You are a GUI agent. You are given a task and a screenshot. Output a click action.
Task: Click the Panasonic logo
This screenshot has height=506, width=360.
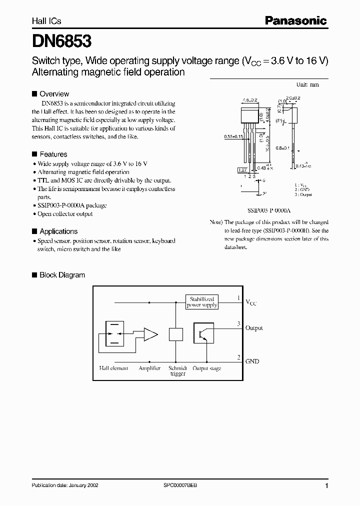[x=295, y=20]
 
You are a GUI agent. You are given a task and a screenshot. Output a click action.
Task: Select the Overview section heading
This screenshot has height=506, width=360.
[x=54, y=94]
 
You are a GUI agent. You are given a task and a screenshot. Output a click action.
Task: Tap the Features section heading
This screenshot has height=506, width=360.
[x=53, y=154]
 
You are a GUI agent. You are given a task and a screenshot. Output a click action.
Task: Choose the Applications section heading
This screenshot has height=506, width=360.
[x=58, y=231]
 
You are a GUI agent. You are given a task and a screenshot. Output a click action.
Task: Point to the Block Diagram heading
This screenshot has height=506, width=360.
[x=62, y=275]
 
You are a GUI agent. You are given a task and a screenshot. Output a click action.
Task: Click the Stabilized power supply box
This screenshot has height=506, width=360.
[x=202, y=301]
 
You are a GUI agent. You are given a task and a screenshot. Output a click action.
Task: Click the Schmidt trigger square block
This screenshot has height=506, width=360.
[x=175, y=334]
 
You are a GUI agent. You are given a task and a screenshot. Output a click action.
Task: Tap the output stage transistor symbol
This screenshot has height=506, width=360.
[x=203, y=334]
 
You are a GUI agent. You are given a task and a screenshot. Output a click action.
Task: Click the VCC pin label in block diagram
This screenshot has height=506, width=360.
[x=251, y=302]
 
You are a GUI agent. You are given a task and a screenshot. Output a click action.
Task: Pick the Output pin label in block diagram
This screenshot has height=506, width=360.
[x=254, y=328]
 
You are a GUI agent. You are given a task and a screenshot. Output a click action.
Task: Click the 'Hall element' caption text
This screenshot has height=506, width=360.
[x=113, y=368]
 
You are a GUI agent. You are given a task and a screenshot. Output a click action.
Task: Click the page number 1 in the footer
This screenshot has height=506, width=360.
[x=326, y=486]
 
